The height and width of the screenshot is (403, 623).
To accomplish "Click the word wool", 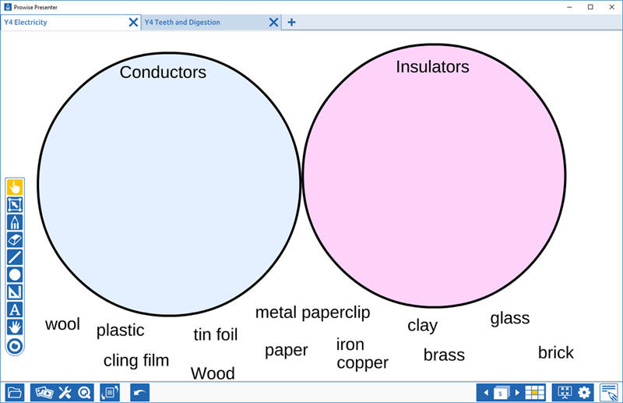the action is pos(62,324).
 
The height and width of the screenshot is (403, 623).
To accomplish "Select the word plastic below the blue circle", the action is pos(121,331).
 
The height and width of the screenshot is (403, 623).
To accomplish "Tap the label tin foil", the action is pos(216,334).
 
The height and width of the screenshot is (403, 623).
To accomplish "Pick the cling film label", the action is pos(136,361).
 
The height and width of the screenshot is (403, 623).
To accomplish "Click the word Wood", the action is pos(213,373).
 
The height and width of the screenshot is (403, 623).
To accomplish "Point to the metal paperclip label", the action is pos(313,313).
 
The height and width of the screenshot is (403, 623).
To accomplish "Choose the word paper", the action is pos(287,351).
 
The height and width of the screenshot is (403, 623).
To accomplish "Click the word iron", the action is pos(350,345).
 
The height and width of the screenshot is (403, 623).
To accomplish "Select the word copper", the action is pos(362,363).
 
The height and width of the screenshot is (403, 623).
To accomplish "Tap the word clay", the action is pos(422,326).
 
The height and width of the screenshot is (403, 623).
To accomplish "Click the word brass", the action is pos(444,355).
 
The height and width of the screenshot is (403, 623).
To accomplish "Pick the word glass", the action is pos(510,319).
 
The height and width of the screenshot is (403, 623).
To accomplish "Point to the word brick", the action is pos(556,353).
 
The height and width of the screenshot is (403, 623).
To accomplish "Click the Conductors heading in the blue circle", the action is pos(163,72).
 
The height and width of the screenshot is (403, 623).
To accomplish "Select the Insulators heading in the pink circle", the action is pos(432,67).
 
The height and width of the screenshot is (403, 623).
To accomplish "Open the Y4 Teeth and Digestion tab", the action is pos(182,23).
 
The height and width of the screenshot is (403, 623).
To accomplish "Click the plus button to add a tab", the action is pos(291,23).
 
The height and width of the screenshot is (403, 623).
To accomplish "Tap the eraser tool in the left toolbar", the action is pos(15,240).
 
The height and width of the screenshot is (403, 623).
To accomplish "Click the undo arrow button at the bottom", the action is pos(140,393).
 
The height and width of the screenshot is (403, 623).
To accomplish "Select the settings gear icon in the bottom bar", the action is pos(584,393).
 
